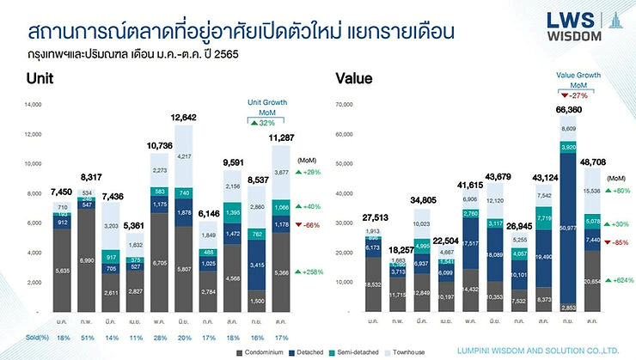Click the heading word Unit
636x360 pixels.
click(x=40, y=78)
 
